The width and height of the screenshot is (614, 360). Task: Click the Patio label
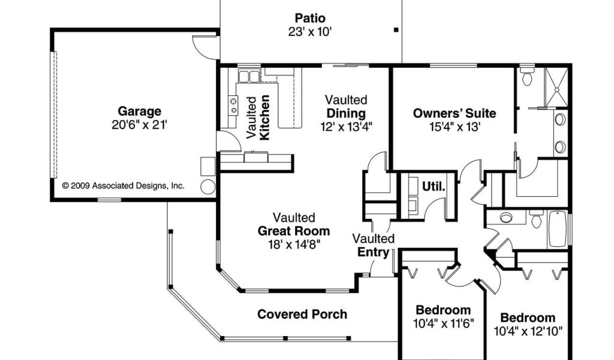click(x=310, y=18)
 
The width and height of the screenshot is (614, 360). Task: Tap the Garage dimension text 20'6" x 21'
click(x=139, y=125)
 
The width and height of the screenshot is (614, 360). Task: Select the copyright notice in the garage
click(x=123, y=185)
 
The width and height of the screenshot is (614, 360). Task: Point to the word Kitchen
click(x=264, y=118)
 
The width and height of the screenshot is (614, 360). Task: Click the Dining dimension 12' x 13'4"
click(x=346, y=127)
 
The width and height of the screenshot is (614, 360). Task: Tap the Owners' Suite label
click(x=455, y=113)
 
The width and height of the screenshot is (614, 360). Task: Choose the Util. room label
click(x=434, y=187)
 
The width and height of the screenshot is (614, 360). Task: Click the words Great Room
click(x=294, y=231)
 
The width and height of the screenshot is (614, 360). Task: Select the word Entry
click(x=373, y=252)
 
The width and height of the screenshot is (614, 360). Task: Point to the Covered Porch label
click(x=302, y=314)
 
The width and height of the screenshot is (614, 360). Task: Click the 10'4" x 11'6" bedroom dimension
click(x=444, y=323)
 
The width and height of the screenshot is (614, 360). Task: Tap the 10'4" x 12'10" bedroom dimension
click(x=528, y=331)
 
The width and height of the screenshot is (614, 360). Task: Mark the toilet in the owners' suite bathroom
click(x=527, y=77)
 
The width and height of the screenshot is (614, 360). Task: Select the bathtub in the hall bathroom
click(x=558, y=229)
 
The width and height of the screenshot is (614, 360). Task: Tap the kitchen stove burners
click(x=233, y=106)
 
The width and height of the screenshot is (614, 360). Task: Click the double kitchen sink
click(x=249, y=76)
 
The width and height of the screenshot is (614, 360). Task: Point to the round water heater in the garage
click(x=207, y=187)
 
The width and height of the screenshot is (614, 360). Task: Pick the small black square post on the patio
click(x=396, y=30)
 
